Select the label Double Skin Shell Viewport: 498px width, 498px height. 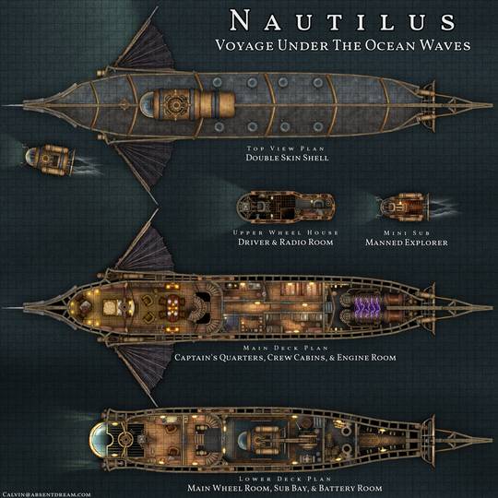[x=287, y=158]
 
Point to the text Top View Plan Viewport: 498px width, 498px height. [x=287, y=148]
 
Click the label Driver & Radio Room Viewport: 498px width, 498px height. [x=286, y=243]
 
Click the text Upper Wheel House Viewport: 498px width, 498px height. [x=286, y=232]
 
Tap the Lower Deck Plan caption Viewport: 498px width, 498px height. [x=287, y=479]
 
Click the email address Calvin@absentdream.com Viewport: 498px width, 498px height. [x=48, y=492]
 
